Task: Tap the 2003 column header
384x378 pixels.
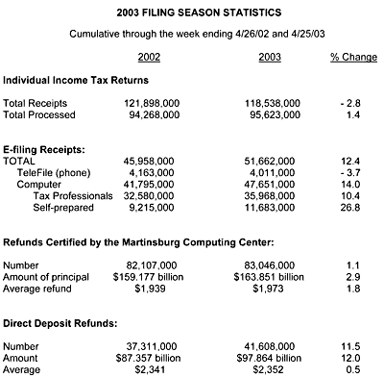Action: click(271, 57)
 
